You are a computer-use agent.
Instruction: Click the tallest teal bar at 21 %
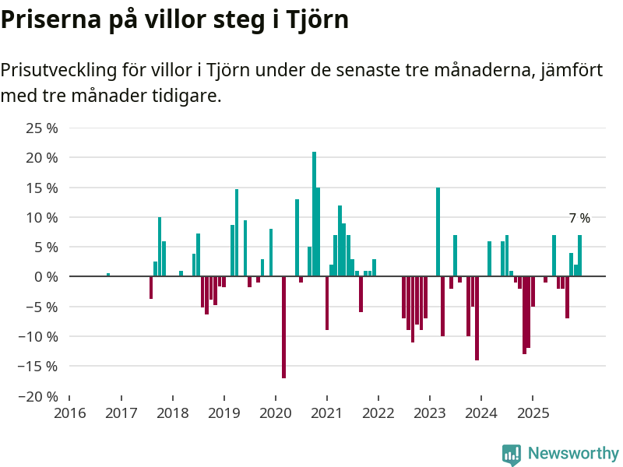point(314,214)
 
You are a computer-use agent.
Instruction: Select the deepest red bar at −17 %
point(283,327)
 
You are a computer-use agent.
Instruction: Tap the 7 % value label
point(579,219)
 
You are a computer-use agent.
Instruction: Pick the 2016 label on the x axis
point(69,412)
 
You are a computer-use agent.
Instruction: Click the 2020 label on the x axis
point(275,412)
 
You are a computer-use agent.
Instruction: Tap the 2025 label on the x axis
point(532,412)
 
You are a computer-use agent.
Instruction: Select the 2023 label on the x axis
point(429,412)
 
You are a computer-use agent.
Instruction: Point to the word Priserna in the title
point(51,19)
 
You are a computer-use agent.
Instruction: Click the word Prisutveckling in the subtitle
point(58,70)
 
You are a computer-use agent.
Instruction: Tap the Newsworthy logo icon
point(512,454)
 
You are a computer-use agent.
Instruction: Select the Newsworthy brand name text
point(573,453)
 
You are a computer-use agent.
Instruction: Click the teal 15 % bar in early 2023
point(438,232)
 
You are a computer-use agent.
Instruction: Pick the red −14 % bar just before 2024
point(477,318)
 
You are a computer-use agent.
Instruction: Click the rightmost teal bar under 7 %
point(579,255)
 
